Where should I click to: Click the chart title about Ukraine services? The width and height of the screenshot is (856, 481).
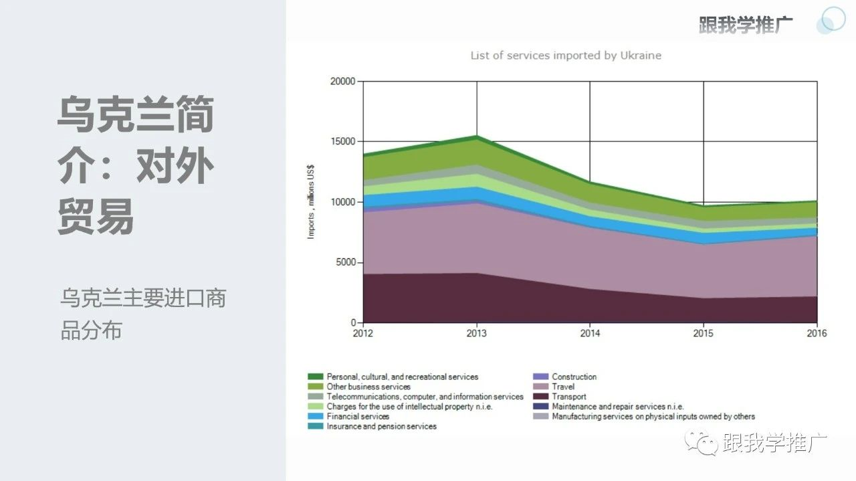click(x=566, y=56)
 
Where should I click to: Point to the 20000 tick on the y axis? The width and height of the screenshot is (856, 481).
click(x=343, y=82)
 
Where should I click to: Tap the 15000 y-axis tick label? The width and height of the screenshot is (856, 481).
click(x=343, y=142)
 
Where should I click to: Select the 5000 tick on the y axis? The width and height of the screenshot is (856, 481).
click(x=345, y=262)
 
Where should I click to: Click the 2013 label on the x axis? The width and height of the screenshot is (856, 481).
click(x=476, y=333)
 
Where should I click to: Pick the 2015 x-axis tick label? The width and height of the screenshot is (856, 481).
click(x=703, y=333)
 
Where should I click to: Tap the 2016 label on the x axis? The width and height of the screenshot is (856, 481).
click(x=816, y=333)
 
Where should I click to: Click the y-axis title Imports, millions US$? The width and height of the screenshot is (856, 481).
click(x=311, y=202)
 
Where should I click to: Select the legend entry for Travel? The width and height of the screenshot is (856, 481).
click(x=562, y=387)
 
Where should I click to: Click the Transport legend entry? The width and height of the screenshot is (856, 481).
click(x=568, y=397)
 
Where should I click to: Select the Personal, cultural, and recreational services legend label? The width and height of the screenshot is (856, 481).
click(x=402, y=377)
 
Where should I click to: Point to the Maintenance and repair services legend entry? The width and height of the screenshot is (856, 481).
click(x=617, y=406)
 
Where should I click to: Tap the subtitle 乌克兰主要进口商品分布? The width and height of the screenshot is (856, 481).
click(x=142, y=314)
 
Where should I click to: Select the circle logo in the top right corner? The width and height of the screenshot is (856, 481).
click(x=831, y=20)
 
